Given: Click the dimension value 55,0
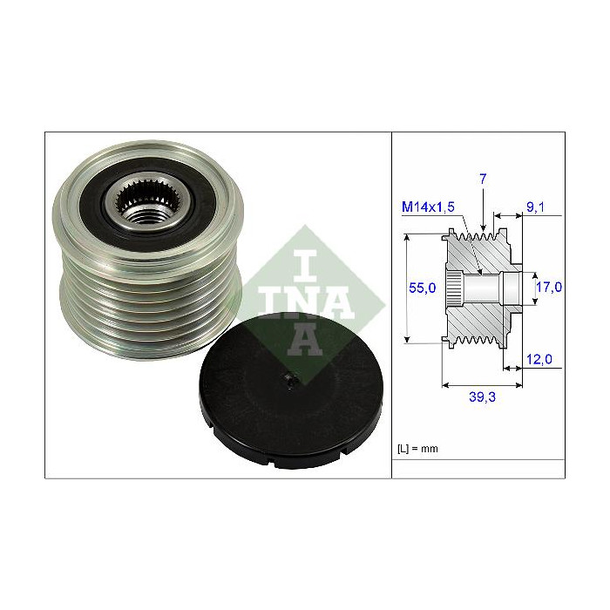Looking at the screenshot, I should click(x=423, y=288).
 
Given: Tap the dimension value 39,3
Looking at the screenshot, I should click(x=482, y=396).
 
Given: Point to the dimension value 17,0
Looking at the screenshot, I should click(x=549, y=287).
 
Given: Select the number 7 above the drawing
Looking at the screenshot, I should click(x=482, y=179).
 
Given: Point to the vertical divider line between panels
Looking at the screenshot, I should click(x=391, y=305).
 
